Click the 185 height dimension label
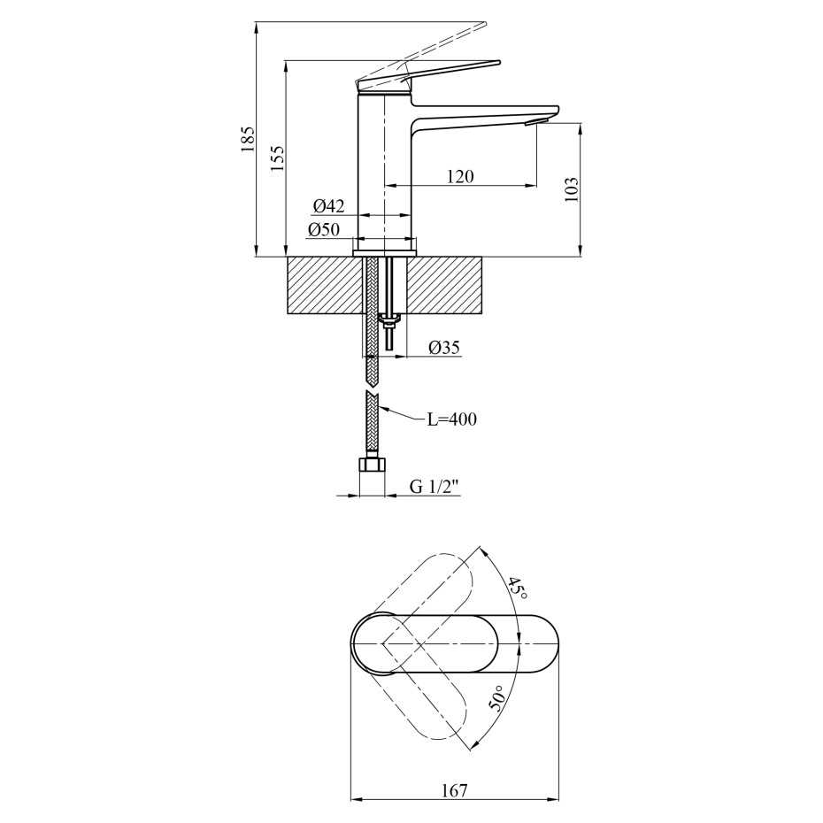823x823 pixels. pyautogui.click(x=248, y=140)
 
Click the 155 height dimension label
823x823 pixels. pyautogui.click(x=278, y=158)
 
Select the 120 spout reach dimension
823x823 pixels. pyautogui.click(x=459, y=176)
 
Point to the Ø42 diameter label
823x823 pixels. pyautogui.click(x=327, y=206)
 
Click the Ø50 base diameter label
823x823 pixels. pyautogui.click(x=324, y=230)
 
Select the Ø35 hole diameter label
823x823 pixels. pyautogui.click(x=444, y=348)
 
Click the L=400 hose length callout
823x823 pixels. pyautogui.click(x=452, y=419)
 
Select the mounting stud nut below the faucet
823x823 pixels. pyautogui.click(x=389, y=319)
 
